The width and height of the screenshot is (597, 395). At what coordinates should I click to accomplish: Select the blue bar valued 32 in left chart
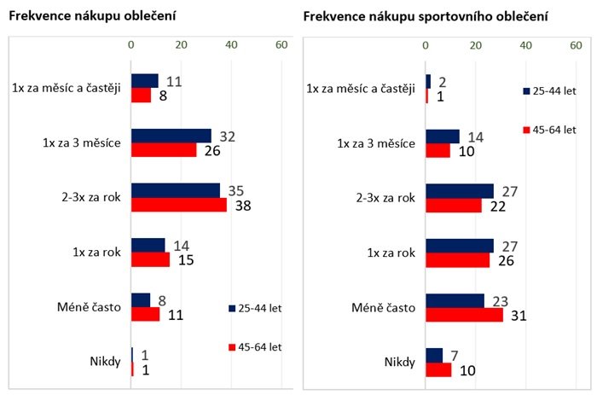(x=171, y=136)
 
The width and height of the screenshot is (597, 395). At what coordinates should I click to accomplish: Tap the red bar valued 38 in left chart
(x=179, y=205)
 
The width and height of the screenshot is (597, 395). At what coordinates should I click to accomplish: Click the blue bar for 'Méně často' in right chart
(x=455, y=300)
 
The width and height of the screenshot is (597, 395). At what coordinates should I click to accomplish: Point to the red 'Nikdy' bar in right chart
(x=438, y=369)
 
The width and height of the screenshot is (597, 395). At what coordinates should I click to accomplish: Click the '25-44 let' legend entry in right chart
(x=550, y=90)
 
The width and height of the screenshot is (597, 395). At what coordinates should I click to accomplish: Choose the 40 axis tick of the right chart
(x=526, y=44)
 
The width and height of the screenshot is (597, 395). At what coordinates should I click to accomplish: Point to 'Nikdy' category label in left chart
(x=106, y=362)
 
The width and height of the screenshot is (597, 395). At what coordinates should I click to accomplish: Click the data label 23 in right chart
(x=497, y=300)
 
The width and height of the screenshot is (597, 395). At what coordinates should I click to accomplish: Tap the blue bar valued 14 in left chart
(x=148, y=246)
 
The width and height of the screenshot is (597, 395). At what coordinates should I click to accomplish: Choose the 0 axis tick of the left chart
(x=130, y=44)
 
